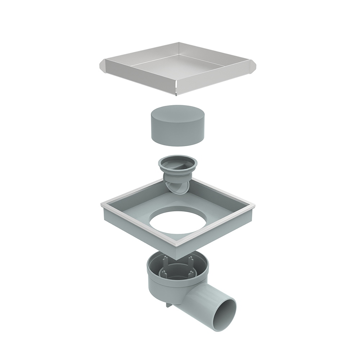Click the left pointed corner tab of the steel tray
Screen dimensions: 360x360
coord(102,66)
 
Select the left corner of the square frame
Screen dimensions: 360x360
coord(103,205)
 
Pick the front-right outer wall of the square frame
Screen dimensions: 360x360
coord(216,234)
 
